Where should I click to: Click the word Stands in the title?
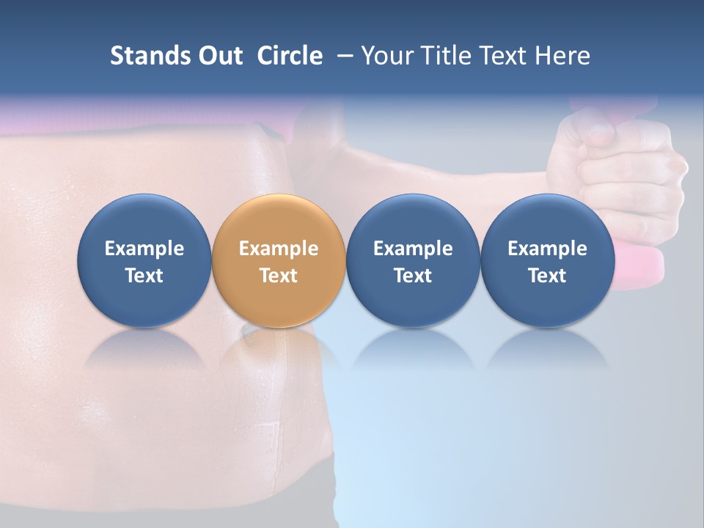pyautogui.click(x=147, y=56)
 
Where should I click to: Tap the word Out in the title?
pyautogui.click(x=219, y=56)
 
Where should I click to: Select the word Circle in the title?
pyautogui.click(x=290, y=56)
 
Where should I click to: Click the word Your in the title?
pyautogui.click(x=385, y=56)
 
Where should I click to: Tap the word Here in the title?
pyautogui.click(x=563, y=56)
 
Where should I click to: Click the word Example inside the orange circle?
pyautogui.click(x=279, y=249)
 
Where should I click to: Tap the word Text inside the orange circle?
pyautogui.click(x=279, y=276)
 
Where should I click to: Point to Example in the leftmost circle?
pyautogui.click(x=144, y=249)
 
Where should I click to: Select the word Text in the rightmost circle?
pyautogui.click(x=547, y=276)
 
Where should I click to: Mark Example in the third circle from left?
pyautogui.click(x=413, y=249)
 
